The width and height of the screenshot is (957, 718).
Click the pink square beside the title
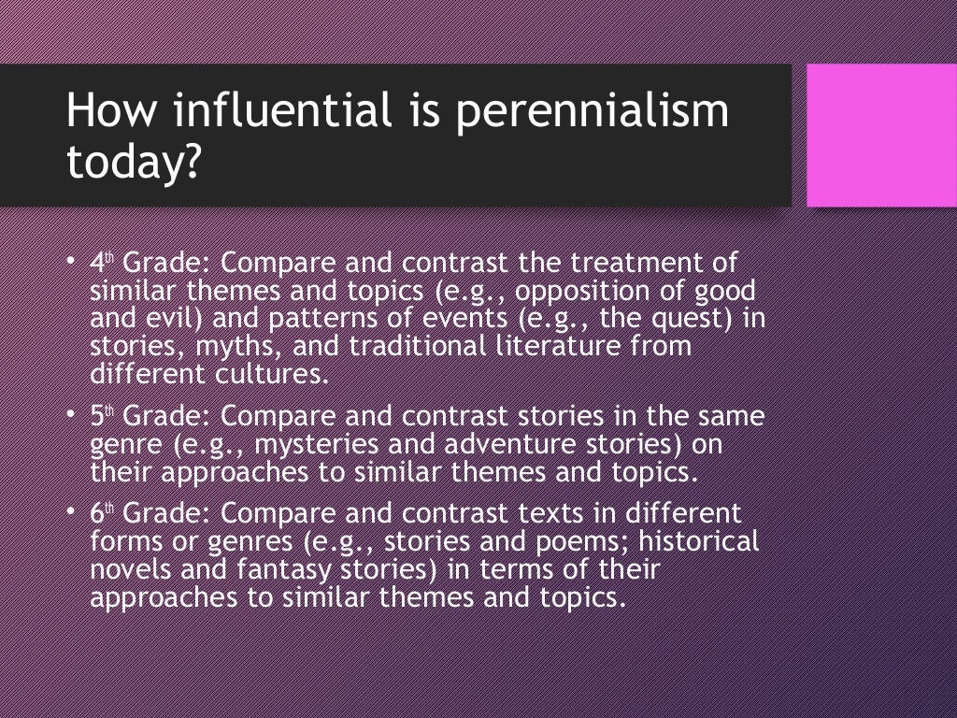point(881,136)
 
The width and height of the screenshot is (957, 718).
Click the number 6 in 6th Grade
point(97,514)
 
